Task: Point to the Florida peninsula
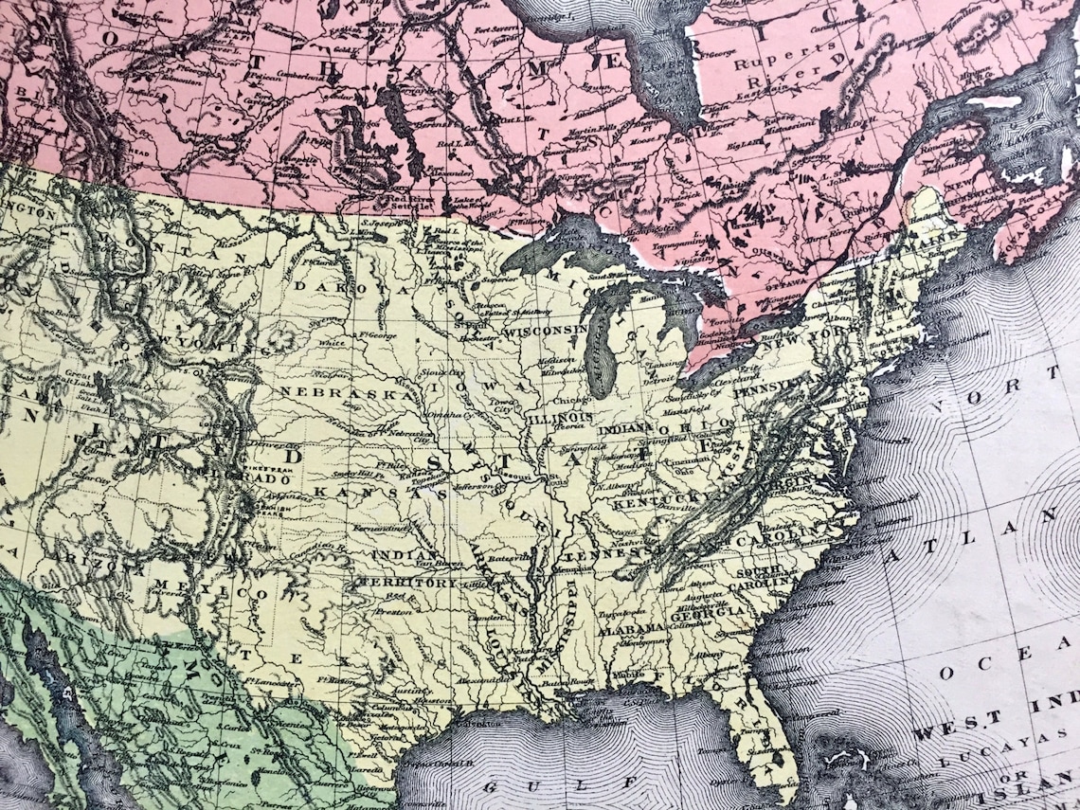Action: pyautogui.click(x=758, y=729)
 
